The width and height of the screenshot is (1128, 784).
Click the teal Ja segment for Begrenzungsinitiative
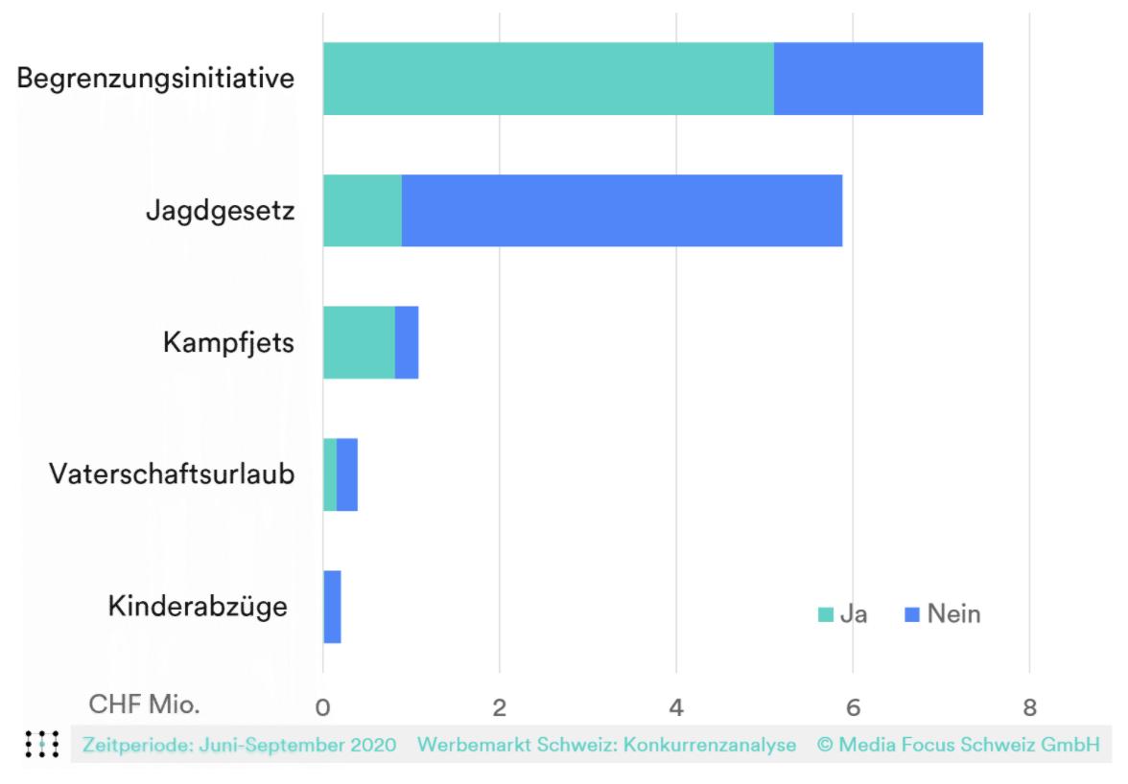[x=548, y=79]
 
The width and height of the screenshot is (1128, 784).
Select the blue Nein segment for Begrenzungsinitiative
[x=878, y=79]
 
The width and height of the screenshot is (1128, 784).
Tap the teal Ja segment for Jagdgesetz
[x=362, y=211]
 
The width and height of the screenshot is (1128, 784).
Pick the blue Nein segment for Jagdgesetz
[x=622, y=211]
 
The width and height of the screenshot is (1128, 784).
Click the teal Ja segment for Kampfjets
[x=359, y=342]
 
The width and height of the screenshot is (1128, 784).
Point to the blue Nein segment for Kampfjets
[x=407, y=342]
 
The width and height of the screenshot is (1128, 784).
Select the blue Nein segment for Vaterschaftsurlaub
[x=347, y=474]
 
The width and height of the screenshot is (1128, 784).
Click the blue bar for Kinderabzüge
[x=332, y=607]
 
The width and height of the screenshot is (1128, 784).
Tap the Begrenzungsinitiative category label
[x=155, y=78]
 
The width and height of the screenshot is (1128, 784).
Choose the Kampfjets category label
[x=227, y=342]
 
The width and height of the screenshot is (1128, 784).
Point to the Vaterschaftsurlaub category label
[x=172, y=474]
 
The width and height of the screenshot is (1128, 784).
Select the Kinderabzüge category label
[x=198, y=607]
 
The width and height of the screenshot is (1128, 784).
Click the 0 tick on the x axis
[x=323, y=708]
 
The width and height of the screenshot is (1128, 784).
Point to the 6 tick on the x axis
[x=853, y=708]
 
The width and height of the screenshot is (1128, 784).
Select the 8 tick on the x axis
[x=1029, y=708]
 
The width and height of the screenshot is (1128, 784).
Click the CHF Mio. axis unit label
[x=145, y=704]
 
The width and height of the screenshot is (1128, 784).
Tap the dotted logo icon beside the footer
[x=42, y=744]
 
